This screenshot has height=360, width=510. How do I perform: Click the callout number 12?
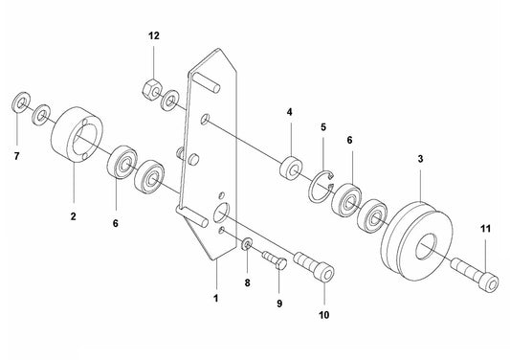click(x=153, y=35)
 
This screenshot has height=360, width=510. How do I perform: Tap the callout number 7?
click(x=15, y=154)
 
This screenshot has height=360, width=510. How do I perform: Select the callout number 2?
click(x=73, y=216)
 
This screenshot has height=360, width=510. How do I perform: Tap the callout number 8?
click(x=247, y=283)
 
